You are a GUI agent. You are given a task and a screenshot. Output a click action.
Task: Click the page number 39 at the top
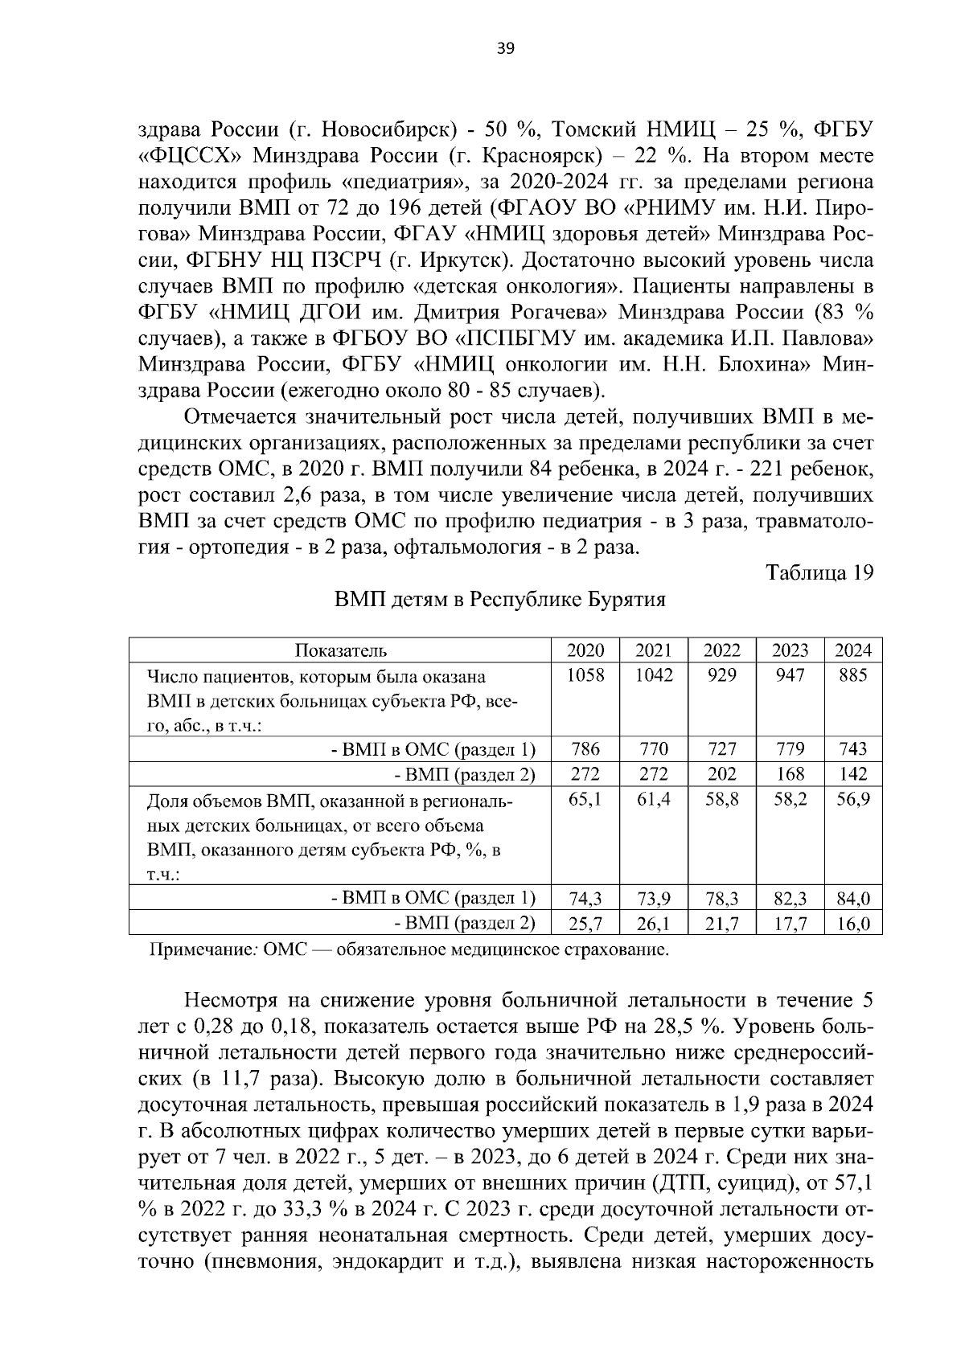506,48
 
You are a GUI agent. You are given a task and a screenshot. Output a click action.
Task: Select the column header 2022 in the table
721,650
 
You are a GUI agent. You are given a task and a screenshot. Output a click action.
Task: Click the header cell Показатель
340,650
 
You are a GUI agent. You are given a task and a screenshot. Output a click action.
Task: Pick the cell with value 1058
585,675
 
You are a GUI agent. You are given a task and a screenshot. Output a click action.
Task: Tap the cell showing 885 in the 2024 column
852,675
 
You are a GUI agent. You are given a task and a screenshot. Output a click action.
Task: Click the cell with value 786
585,749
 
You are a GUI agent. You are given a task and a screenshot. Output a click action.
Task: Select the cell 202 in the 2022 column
721,774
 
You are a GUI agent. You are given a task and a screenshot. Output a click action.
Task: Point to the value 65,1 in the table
585,800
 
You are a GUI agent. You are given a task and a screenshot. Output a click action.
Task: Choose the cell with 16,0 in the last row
852,924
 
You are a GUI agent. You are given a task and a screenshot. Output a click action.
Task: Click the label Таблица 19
819,573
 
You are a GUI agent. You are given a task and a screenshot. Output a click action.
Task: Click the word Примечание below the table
202,950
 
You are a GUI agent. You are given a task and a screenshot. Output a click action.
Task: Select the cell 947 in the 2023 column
789,675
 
